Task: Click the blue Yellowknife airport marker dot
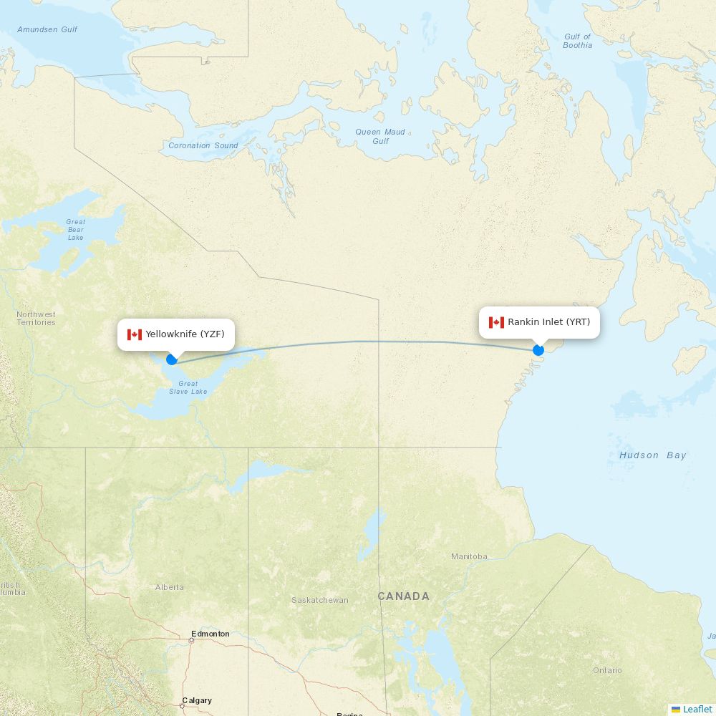pyautogui.click(x=172, y=359)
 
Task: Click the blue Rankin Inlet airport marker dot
pyautogui.click(x=538, y=350)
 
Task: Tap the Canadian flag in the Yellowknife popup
pyautogui.click(x=135, y=334)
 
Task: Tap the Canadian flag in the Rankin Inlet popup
pyautogui.click(x=496, y=322)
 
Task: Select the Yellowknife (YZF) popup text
pyautogui.click(x=185, y=334)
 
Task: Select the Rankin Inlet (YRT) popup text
pyautogui.click(x=548, y=322)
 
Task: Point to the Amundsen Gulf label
pyautogui.click(x=47, y=29)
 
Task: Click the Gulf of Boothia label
pyautogui.click(x=578, y=41)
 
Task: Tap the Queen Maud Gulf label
pyautogui.click(x=380, y=136)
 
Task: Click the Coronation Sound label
pyautogui.click(x=203, y=145)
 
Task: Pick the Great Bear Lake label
pyautogui.click(x=76, y=230)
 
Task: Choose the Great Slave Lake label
pyautogui.click(x=188, y=387)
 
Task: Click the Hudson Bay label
pyautogui.click(x=652, y=455)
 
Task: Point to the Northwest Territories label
pyautogui.click(x=36, y=319)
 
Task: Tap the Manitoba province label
pyautogui.click(x=469, y=556)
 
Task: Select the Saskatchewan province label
pyautogui.click(x=319, y=600)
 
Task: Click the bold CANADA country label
pyautogui.click(x=404, y=596)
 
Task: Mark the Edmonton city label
pyautogui.click(x=211, y=634)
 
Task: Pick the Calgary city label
pyautogui.click(x=197, y=700)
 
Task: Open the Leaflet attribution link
pyautogui.click(x=697, y=709)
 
